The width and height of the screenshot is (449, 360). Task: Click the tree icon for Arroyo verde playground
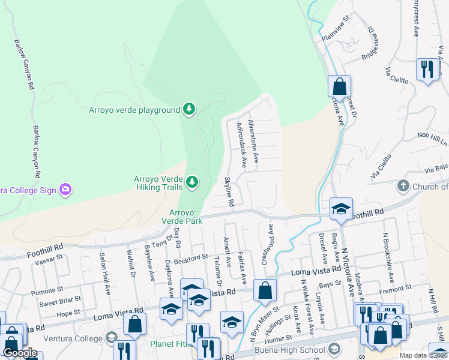[190, 109]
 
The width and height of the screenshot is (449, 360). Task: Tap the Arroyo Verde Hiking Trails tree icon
[192, 181]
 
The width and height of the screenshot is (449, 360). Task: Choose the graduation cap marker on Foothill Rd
[341, 209]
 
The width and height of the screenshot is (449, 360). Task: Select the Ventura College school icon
[110, 337]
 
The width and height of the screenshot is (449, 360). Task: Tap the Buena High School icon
[334, 349]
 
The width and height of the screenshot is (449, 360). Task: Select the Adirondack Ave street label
[242, 145]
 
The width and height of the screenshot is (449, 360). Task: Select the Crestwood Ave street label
[267, 245]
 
